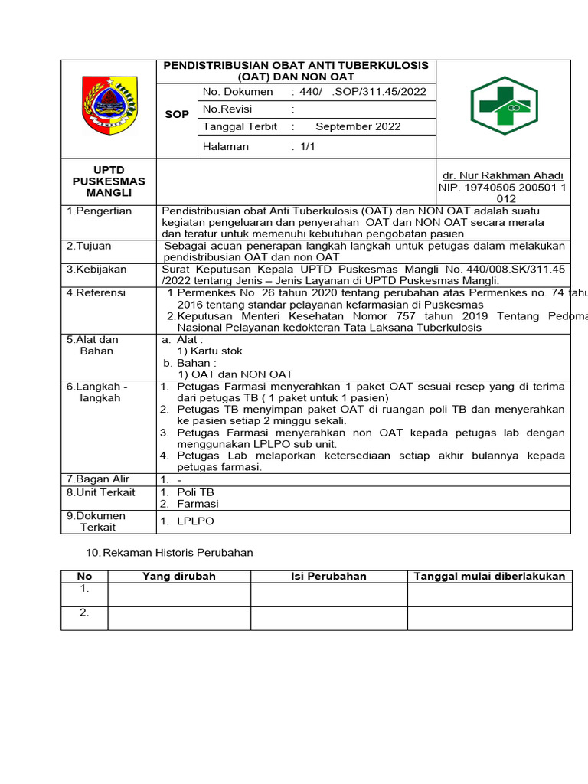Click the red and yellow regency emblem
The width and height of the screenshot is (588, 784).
pos(109,106)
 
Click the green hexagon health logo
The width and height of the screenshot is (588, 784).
pos(504,106)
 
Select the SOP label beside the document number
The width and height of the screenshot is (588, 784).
pos(177,114)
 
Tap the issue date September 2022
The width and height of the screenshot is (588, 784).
pos(358,126)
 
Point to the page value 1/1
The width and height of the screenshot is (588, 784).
pos(309,146)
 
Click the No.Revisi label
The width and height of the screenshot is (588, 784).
pos(227,109)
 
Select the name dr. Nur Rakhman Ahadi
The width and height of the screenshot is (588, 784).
pos(503,175)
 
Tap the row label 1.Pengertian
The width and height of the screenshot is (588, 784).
pos(99,211)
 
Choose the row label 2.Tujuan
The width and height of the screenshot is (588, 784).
pos(89,246)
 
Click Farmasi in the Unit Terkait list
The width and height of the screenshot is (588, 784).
pos(198,504)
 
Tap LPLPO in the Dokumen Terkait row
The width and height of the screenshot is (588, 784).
pos(195,521)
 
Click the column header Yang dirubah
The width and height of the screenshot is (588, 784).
pos(179,577)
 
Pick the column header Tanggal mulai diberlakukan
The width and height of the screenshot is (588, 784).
pos(489,577)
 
